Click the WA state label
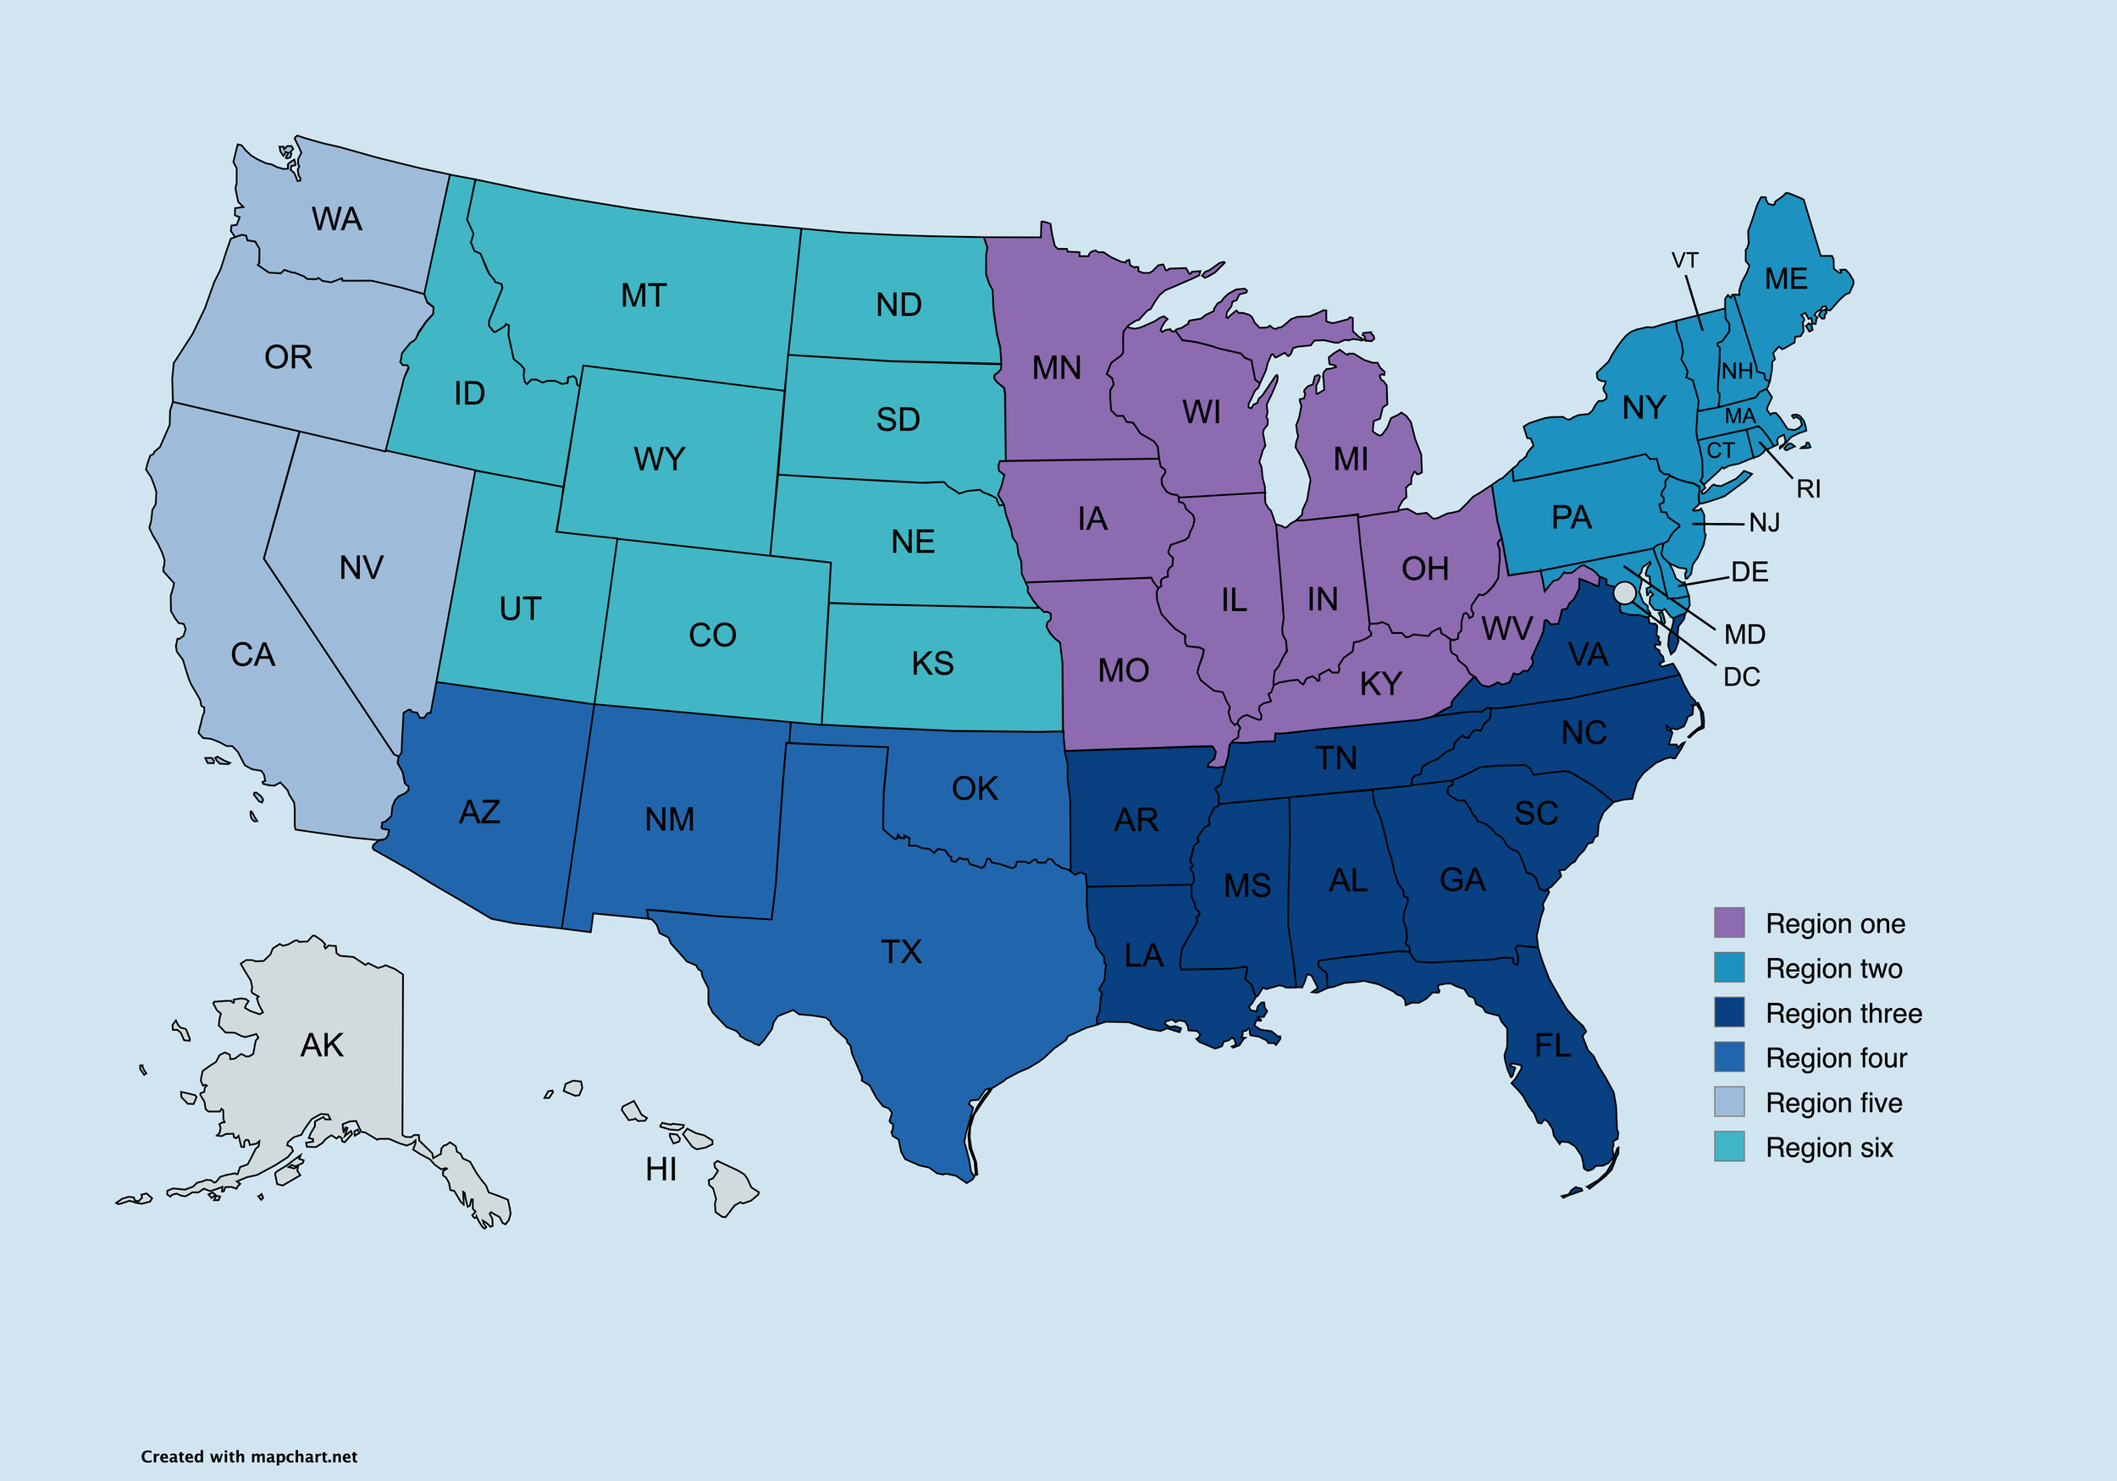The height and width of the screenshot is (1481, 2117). (x=336, y=219)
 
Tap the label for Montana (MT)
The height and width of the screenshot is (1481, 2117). (x=643, y=296)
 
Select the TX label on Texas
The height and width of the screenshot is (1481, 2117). (x=901, y=952)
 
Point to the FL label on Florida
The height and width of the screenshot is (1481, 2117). (x=1553, y=1046)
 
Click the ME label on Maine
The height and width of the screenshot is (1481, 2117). (x=1785, y=279)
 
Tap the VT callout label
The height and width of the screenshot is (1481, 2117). (x=1684, y=261)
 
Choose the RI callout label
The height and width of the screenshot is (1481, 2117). (x=1808, y=489)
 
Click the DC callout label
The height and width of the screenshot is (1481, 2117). (x=1741, y=677)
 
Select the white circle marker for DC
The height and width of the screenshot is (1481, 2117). (x=1625, y=592)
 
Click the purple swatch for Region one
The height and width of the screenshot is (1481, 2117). (x=1729, y=922)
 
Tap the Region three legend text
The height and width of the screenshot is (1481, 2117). (x=1843, y=1014)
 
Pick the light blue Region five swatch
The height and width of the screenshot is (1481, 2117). (x=1729, y=1101)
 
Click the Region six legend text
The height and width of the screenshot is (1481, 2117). (x=1828, y=1148)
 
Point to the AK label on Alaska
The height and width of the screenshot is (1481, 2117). (x=322, y=1046)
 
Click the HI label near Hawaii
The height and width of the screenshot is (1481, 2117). (x=661, y=1170)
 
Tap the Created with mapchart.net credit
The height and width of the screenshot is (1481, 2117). (x=249, y=1457)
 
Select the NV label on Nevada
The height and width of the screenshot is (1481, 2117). (x=361, y=568)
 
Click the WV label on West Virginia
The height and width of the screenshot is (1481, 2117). (x=1506, y=630)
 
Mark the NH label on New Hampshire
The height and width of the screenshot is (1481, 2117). (x=1736, y=372)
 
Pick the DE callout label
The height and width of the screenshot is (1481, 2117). (x=1749, y=572)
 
